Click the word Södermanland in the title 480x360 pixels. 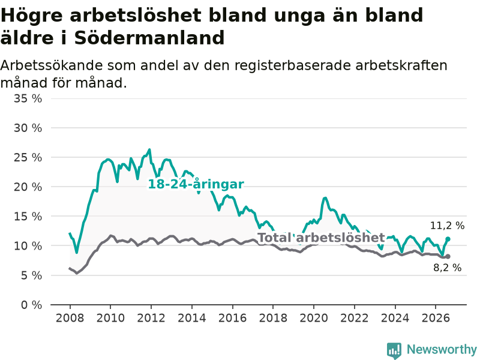pyautogui.click(x=149, y=38)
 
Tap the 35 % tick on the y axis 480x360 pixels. pyautogui.click(x=28, y=98)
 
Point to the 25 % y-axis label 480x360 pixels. pyautogui.click(x=28, y=157)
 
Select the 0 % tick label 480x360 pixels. pyautogui.click(x=32, y=305)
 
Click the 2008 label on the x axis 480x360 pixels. pyautogui.click(x=70, y=318)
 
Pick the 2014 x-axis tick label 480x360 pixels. pyautogui.click(x=192, y=318)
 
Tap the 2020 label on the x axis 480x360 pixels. pyautogui.click(x=314, y=318)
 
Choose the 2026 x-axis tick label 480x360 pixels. pyautogui.click(x=436, y=318)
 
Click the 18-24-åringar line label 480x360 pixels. pyautogui.click(x=196, y=184)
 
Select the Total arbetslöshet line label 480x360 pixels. pyautogui.click(x=322, y=238)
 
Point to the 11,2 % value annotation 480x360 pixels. pyautogui.click(x=447, y=226)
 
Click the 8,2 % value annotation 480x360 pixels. pyautogui.click(x=447, y=268)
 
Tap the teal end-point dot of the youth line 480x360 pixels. pyautogui.click(x=448, y=239)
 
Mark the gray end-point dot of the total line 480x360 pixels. pyautogui.click(x=448, y=257)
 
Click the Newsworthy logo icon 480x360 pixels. pyautogui.click(x=394, y=350)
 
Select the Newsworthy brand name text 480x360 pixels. pyautogui.click(x=442, y=349)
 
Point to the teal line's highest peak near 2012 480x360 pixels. pyautogui.click(x=149, y=149)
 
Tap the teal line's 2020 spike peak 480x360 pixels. pyautogui.click(x=325, y=198)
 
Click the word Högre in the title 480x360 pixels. pyautogui.click(x=32, y=16)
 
